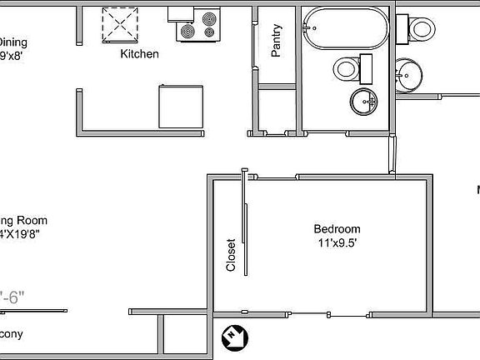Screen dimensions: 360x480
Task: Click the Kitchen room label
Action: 140,54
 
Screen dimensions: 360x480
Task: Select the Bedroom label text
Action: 337,229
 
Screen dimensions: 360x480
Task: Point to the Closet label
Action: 231,256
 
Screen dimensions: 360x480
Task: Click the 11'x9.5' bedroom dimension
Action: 337,243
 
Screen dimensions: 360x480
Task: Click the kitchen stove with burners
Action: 197,25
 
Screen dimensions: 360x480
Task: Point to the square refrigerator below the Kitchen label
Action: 182,105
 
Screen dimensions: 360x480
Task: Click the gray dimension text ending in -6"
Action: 13,296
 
